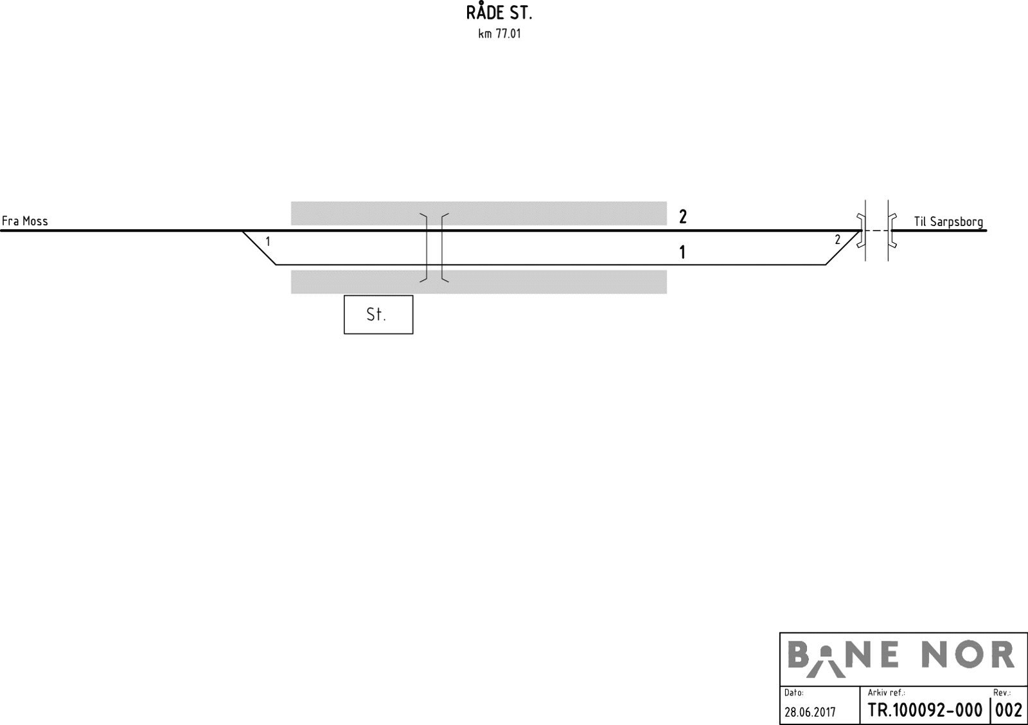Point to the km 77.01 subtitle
499,34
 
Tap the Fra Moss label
25,221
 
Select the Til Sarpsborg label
948,222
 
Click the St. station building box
378,314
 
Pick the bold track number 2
683,216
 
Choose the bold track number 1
682,252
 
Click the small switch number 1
268,241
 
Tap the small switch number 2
838,240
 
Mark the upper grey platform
479,213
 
